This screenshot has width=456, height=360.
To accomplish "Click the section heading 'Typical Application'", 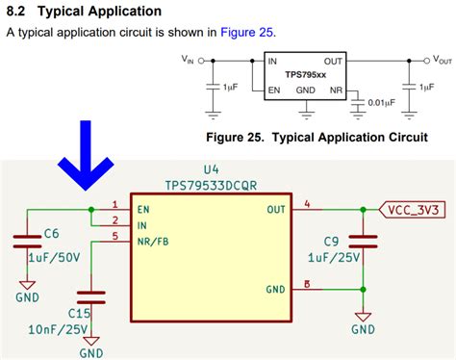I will (x=99, y=12).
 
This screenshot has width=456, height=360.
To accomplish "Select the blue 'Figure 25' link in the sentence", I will (x=247, y=32).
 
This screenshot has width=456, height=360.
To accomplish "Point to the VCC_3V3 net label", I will (x=415, y=209).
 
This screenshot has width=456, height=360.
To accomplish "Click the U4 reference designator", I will (x=212, y=169).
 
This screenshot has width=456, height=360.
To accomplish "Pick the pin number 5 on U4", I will (x=115, y=236).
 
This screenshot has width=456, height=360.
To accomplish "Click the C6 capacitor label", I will (x=52, y=233).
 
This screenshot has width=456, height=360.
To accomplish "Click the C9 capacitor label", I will (x=330, y=241).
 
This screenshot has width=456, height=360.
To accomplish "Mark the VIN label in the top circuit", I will (x=188, y=60).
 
